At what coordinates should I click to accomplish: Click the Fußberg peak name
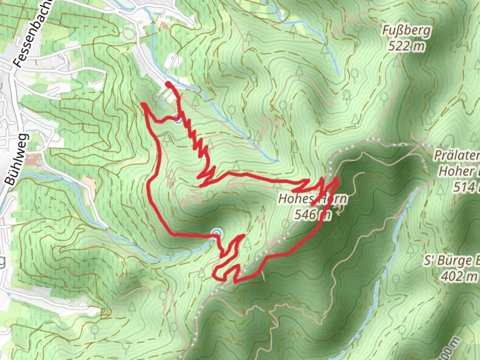click(406, 31)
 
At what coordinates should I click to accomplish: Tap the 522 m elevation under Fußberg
click(406, 46)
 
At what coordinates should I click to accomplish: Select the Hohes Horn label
click(312, 199)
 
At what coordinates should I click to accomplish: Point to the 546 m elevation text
click(312, 215)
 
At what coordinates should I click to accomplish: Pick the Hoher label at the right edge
click(458, 171)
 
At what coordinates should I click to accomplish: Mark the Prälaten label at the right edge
click(457, 155)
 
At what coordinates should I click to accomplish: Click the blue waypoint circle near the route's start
click(177, 119)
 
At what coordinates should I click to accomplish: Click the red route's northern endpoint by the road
click(168, 83)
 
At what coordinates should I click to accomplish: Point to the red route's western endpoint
click(143, 104)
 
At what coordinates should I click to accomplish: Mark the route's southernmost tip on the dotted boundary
click(235, 282)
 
